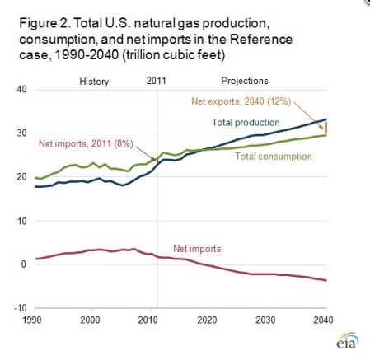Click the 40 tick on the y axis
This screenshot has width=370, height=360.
(21, 89)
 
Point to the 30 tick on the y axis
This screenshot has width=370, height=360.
(21, 133)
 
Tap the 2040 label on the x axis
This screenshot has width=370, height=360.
(326, 319)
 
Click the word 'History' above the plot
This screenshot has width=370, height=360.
(95, 81)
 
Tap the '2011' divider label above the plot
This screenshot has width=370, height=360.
(156, 81)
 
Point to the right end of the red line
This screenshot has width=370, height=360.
(326, 281)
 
